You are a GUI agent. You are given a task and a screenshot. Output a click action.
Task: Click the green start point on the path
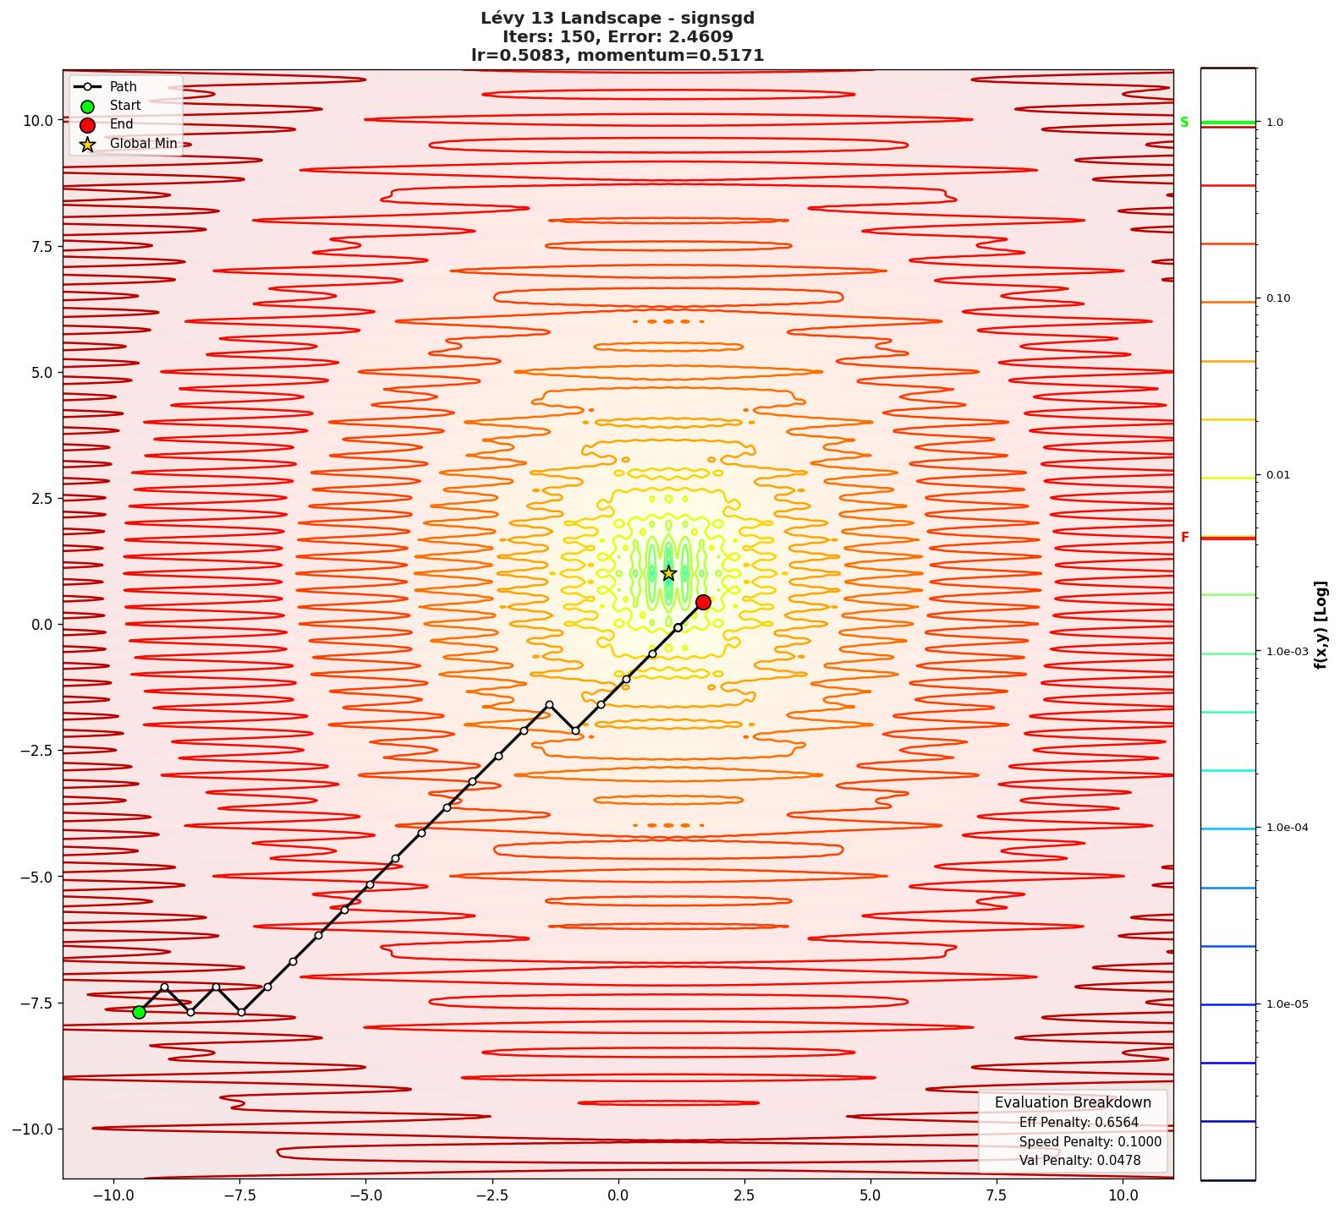click(x=139, y=1012)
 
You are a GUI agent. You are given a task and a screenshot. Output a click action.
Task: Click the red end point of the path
click(x=703, y=602)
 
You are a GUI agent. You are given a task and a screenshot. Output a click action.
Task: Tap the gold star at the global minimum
click(x=668, y=573)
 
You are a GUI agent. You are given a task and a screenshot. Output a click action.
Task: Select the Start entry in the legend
click(x=124, y=106)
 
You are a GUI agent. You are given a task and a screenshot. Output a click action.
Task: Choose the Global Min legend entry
click(x=143, y=144)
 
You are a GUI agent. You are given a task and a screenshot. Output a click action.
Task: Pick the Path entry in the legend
click(x=123, y=87)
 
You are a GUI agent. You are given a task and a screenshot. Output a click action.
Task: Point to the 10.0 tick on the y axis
click(x=38, y=120)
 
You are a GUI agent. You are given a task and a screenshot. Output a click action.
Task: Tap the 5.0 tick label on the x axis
click(x=870, y=1195)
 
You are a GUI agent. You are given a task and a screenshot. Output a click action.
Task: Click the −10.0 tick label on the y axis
click(x=34, y=1129)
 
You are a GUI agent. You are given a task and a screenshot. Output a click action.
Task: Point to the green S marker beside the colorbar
click(x=1184, y=123)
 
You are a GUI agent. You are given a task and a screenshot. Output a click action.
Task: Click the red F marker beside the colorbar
click(x=1184, y=538)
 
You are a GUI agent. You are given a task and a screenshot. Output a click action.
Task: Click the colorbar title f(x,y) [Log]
click(x=1321, y=625)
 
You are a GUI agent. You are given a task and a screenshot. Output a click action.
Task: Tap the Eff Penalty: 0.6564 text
click(x=1079, y=1123)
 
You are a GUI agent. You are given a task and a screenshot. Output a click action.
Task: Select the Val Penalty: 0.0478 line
click(x=1079, y=1161)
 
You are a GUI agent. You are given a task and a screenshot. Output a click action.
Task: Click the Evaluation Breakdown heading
click(x=1072, y=1102)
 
